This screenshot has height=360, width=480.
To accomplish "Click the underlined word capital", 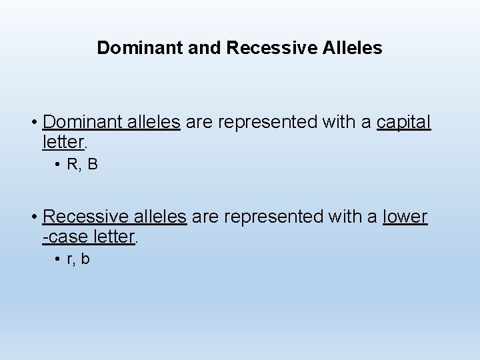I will pos(404,123).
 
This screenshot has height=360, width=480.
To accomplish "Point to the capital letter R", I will pos(72,165).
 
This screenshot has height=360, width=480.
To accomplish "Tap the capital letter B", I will pos(92,165).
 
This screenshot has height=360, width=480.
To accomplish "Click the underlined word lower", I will pos(405,217).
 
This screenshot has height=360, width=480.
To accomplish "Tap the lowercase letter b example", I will pos(85,259).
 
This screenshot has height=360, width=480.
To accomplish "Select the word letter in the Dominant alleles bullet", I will pos(62,141).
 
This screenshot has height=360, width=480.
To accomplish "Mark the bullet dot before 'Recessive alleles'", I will pos(33,217).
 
